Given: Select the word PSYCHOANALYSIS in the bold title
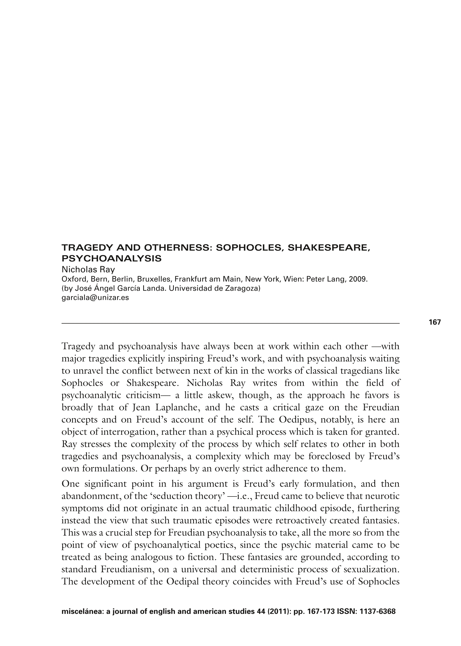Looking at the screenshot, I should click(x=112, y=258).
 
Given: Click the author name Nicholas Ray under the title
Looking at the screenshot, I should click(x=88, y=269).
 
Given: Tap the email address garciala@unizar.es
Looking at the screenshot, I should click(x=95, y=298).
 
